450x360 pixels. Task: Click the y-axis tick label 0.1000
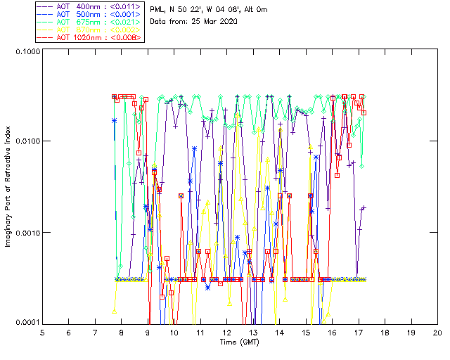(x=27, y=53)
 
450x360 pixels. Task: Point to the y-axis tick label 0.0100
(x=27, y=142)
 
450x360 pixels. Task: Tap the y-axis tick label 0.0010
(x=27, y=233)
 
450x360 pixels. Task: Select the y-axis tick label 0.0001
(x=27, y=323)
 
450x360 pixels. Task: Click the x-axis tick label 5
(x=42, y=332)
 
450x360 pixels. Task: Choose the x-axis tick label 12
(x=226, y=332)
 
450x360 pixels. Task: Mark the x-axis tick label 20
(x=437, y=332)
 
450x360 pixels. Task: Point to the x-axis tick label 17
(x=358, y=332)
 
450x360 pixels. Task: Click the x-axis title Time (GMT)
(x=240, y=341)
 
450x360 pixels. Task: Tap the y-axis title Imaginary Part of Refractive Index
(x=9, y=188)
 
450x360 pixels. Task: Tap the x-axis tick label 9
(x=148, y=332)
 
